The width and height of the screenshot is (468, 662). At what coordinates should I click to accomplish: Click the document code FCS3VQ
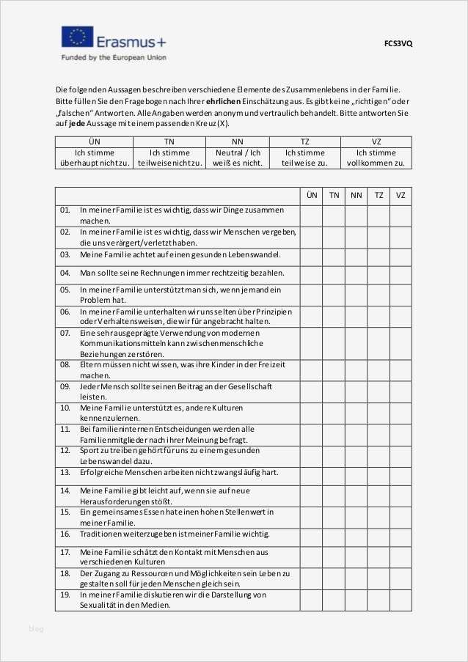pos(398,43)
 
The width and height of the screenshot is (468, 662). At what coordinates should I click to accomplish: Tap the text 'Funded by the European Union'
pos(114,57)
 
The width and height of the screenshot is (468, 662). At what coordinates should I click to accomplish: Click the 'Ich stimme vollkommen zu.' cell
pos(376,158)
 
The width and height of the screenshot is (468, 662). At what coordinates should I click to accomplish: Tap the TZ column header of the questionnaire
pos(379,195)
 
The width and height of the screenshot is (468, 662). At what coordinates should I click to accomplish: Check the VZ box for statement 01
pos(401,216)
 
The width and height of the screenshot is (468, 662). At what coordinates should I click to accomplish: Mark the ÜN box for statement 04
pos(311,273)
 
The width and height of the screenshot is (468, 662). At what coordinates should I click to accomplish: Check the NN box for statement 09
pos(356,391)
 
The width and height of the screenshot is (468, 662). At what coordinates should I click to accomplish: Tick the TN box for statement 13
pos(334,474)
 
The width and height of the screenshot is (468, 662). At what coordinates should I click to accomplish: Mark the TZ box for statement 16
pos(379,534)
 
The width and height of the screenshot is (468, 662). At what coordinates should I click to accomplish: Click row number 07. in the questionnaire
pos(65,333)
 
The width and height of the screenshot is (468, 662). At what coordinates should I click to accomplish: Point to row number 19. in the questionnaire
pos(65,595)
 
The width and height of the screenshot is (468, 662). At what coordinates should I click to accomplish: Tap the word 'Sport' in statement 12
pos(89,450)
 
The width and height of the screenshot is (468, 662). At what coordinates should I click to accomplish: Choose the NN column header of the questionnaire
pos(356,195)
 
